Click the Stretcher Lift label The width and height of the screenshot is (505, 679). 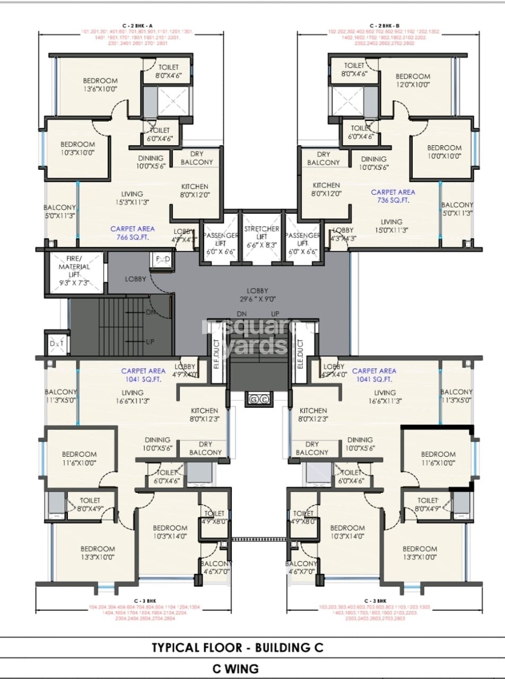(262, 233)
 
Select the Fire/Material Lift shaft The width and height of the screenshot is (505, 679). (74, 272)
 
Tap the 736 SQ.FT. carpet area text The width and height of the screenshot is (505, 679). (393, 196)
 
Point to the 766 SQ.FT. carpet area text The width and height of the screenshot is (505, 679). (133, 233)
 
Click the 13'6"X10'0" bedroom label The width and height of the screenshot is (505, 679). (100, 85)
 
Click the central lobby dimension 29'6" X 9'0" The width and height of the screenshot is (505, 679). (257, 294)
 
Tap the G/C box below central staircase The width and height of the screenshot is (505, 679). (258, 399)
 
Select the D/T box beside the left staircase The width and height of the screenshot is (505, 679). (56, 344)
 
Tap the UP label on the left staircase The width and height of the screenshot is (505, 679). (150, 342)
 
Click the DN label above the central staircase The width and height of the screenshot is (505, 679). (241, 314)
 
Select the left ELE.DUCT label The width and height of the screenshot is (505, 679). (216, 354)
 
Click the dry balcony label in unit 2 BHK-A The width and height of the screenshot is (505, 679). (196, 158)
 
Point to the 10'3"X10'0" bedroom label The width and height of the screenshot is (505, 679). (77, 148)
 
